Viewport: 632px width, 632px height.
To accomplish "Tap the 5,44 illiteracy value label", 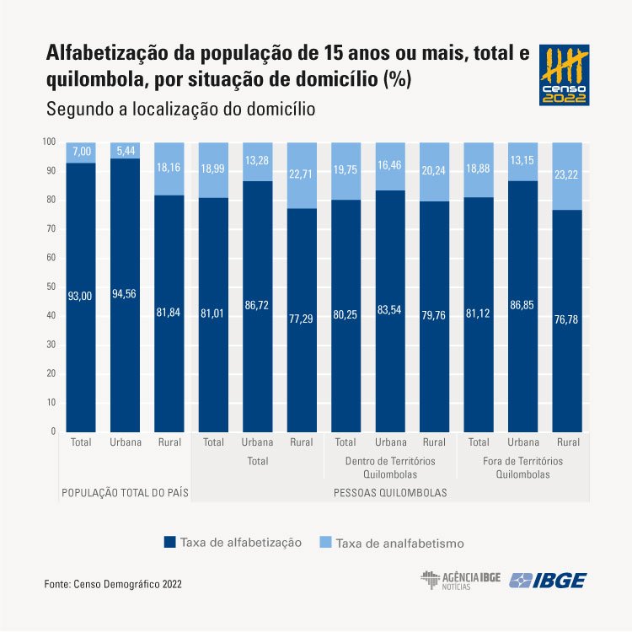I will click(x=125, y=151).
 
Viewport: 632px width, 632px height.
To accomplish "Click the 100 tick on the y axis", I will click(x=49, y=142).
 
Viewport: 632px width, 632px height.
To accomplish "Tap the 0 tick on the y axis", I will click(x=53, y=431).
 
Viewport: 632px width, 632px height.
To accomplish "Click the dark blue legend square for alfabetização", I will click(x=169, y=543).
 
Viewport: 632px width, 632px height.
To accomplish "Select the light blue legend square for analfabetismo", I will click(x=325, y=543).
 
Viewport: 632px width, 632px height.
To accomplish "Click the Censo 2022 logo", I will click(x=564, y=74).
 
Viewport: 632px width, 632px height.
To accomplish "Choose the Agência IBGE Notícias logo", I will click(x=460, y=580).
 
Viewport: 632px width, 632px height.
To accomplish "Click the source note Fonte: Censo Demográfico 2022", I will click(x=113, y=583).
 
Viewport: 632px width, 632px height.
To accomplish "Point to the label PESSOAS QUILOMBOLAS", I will click(x=390, y=491).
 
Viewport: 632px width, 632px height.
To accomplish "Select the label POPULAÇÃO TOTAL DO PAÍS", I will click(x=125, y=491).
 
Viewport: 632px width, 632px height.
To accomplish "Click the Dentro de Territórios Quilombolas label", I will click(x=390, y=468).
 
